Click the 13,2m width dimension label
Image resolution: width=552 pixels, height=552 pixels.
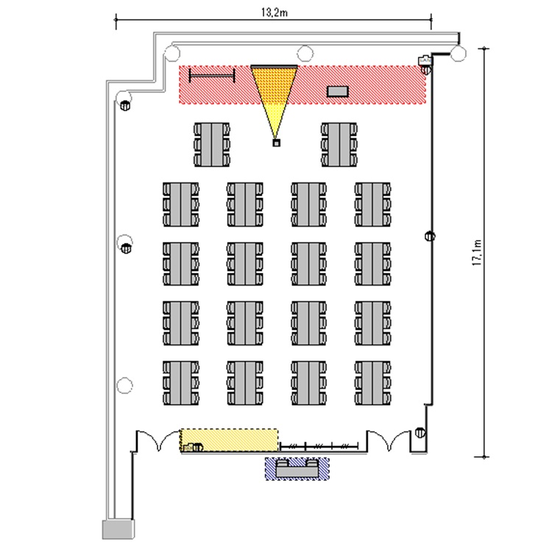click(275, 13)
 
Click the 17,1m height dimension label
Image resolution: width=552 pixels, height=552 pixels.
click(477, 252)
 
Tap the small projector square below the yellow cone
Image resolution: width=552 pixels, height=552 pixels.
click(276, 143)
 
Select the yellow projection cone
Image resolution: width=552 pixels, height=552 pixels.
click(275, 102)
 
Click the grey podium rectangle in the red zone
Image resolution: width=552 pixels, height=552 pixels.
click(338, 91)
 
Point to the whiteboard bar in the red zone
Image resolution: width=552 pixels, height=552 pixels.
click(212, 75)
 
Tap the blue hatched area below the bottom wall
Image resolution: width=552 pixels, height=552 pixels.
click(297, 469)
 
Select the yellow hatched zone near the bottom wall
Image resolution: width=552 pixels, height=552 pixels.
click(229, 440)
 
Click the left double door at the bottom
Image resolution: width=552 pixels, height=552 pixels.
click(158, 440)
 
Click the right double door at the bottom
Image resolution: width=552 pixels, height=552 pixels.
click(389, 440)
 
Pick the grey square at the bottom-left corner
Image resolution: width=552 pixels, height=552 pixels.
click(118, 529)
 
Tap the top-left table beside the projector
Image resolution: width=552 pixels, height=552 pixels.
click(212, 144)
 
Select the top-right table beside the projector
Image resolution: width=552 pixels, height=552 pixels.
click(339, 144)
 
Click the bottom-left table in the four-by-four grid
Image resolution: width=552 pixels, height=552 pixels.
click(180, 383)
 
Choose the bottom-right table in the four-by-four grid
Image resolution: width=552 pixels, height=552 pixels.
click(372, 383)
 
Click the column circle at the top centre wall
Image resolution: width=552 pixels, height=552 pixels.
click(305, 54)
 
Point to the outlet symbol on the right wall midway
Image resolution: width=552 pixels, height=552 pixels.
click(430, 236)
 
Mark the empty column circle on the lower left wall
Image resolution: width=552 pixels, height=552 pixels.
click(124, 385)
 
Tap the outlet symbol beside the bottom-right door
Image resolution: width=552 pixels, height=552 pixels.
click(420, 432)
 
